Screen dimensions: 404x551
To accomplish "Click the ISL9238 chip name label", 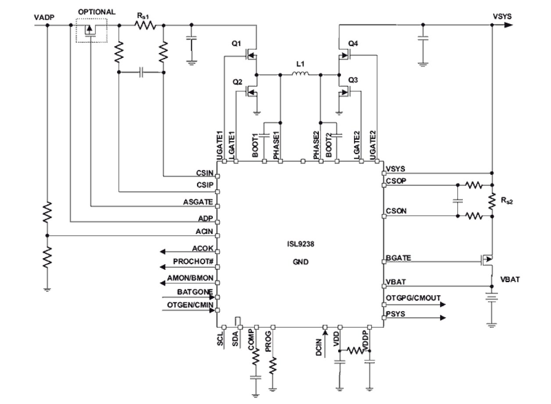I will click(x=301, y=246).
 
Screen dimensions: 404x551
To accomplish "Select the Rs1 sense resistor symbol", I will click(x=145, y=25).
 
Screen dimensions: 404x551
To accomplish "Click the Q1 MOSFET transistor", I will click(x=251, y=55).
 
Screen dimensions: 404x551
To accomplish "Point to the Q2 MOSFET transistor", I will click(x=251, y=92).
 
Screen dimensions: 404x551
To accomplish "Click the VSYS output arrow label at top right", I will click(x=502, y=17).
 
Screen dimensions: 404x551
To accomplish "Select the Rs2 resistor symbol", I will click(x=491, y=201).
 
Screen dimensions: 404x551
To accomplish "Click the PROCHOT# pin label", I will click(x=193, y=262).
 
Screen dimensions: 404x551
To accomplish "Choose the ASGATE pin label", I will click(x=198, y=202).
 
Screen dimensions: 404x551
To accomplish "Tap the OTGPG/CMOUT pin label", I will click(x=413, y=298).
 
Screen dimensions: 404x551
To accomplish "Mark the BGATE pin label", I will click(x=398, y=258).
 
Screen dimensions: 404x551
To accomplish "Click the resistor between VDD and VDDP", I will click(x=355, y=351).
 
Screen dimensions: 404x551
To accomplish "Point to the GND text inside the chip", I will click(x=301, y=262).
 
